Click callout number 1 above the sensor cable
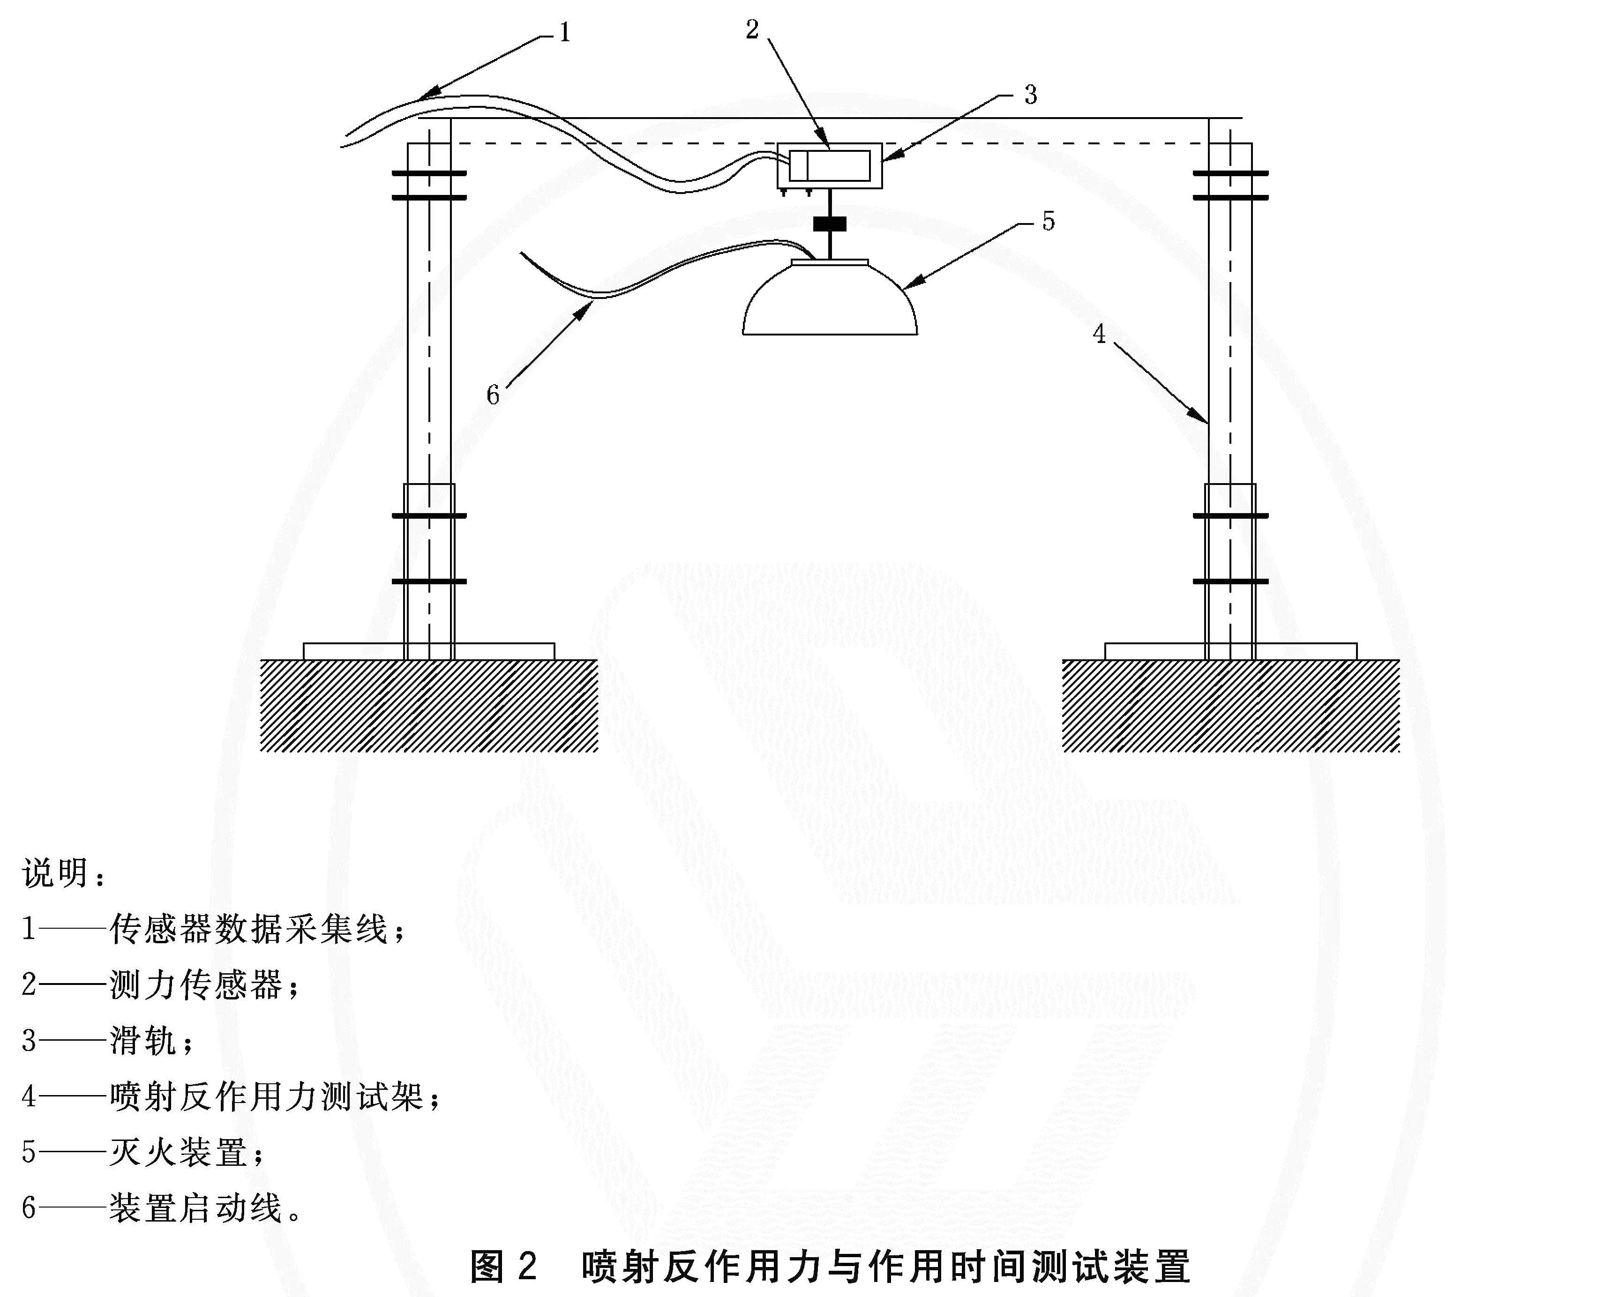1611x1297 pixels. [x=565, y=32]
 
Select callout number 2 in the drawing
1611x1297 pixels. [x=752, y=29]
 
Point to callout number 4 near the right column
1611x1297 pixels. [x=1098, y=334]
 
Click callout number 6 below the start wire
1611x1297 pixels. [x=493, y=395]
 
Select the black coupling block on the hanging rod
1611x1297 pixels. [x=830, y=224]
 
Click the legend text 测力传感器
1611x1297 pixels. [x=196, y=985]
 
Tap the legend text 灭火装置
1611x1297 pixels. [x=178, y=1152]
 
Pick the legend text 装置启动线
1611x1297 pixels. [x=196, y=1208]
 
